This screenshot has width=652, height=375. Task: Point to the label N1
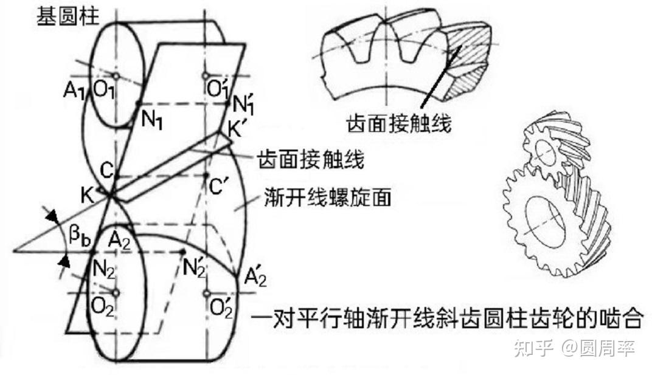click(151, 119)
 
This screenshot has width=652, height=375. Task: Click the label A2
click(119, 242)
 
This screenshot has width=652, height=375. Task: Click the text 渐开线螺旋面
click(327, 198)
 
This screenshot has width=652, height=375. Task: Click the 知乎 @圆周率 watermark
click(574, 348)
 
